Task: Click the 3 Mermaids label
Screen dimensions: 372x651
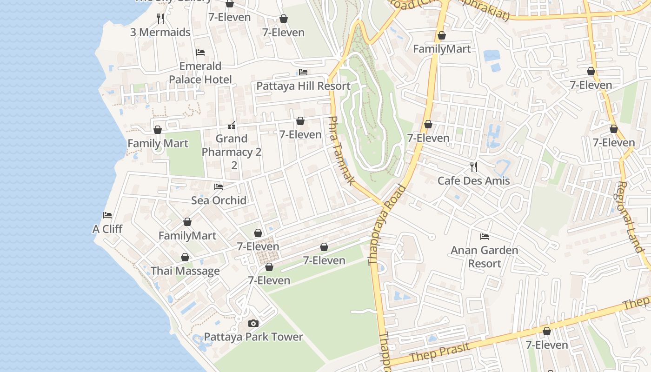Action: pos(160,32)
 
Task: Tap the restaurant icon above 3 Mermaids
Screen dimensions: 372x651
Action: pos(160,19)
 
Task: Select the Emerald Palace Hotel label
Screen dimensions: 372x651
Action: pos(200,73)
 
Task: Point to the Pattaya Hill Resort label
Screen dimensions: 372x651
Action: pos(303,86)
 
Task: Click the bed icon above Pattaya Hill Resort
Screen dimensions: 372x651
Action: pos(303,72)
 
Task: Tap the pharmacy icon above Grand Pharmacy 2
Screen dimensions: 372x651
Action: pos(232,126)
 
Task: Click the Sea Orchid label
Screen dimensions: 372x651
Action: pos(219,200)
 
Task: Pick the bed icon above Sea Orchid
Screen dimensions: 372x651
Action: pos(219,187)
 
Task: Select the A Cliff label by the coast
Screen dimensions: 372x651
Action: pos(107,229)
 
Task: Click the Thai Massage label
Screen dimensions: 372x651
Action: pos(185,271)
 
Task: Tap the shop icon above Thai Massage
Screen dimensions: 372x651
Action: pos(185,257)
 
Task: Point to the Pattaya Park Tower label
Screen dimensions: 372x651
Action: pos(253,337)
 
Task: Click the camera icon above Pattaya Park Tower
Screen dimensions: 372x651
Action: pos(253,323)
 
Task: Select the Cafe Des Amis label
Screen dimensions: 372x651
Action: pos(473,180)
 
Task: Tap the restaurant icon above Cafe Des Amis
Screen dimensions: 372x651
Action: pos(473,167)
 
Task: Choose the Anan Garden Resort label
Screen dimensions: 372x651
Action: pos(484,257)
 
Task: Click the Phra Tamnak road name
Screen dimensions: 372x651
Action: pos(341,150)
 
